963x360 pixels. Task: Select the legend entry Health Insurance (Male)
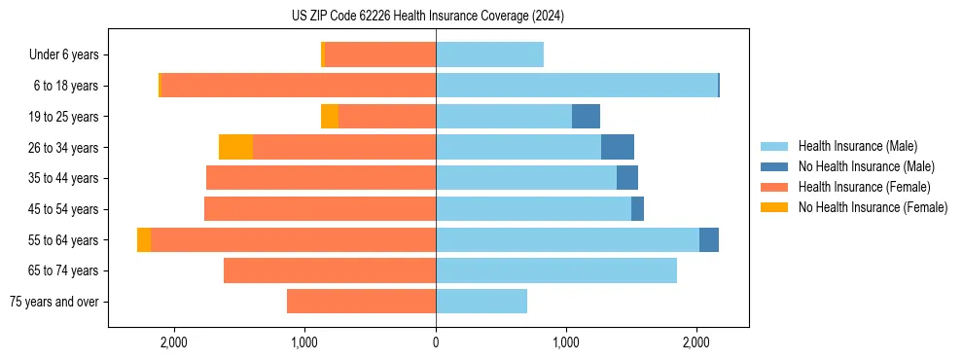857,146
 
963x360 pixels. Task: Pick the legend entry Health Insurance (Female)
864,187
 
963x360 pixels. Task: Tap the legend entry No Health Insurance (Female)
873,207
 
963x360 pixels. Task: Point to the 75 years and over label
54,302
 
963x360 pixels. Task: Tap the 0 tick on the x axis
436,342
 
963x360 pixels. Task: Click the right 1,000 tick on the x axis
566,342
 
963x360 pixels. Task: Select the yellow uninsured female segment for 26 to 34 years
235,147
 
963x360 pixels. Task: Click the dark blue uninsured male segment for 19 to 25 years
586,117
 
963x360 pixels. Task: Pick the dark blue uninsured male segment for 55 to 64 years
709,239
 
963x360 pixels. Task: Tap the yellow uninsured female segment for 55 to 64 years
144,239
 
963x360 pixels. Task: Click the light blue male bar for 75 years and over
481,302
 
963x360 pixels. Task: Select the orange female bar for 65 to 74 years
330,270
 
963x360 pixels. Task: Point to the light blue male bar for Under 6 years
489,55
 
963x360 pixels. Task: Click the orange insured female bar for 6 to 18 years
298,86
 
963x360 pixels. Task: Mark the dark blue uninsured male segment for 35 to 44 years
627,178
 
